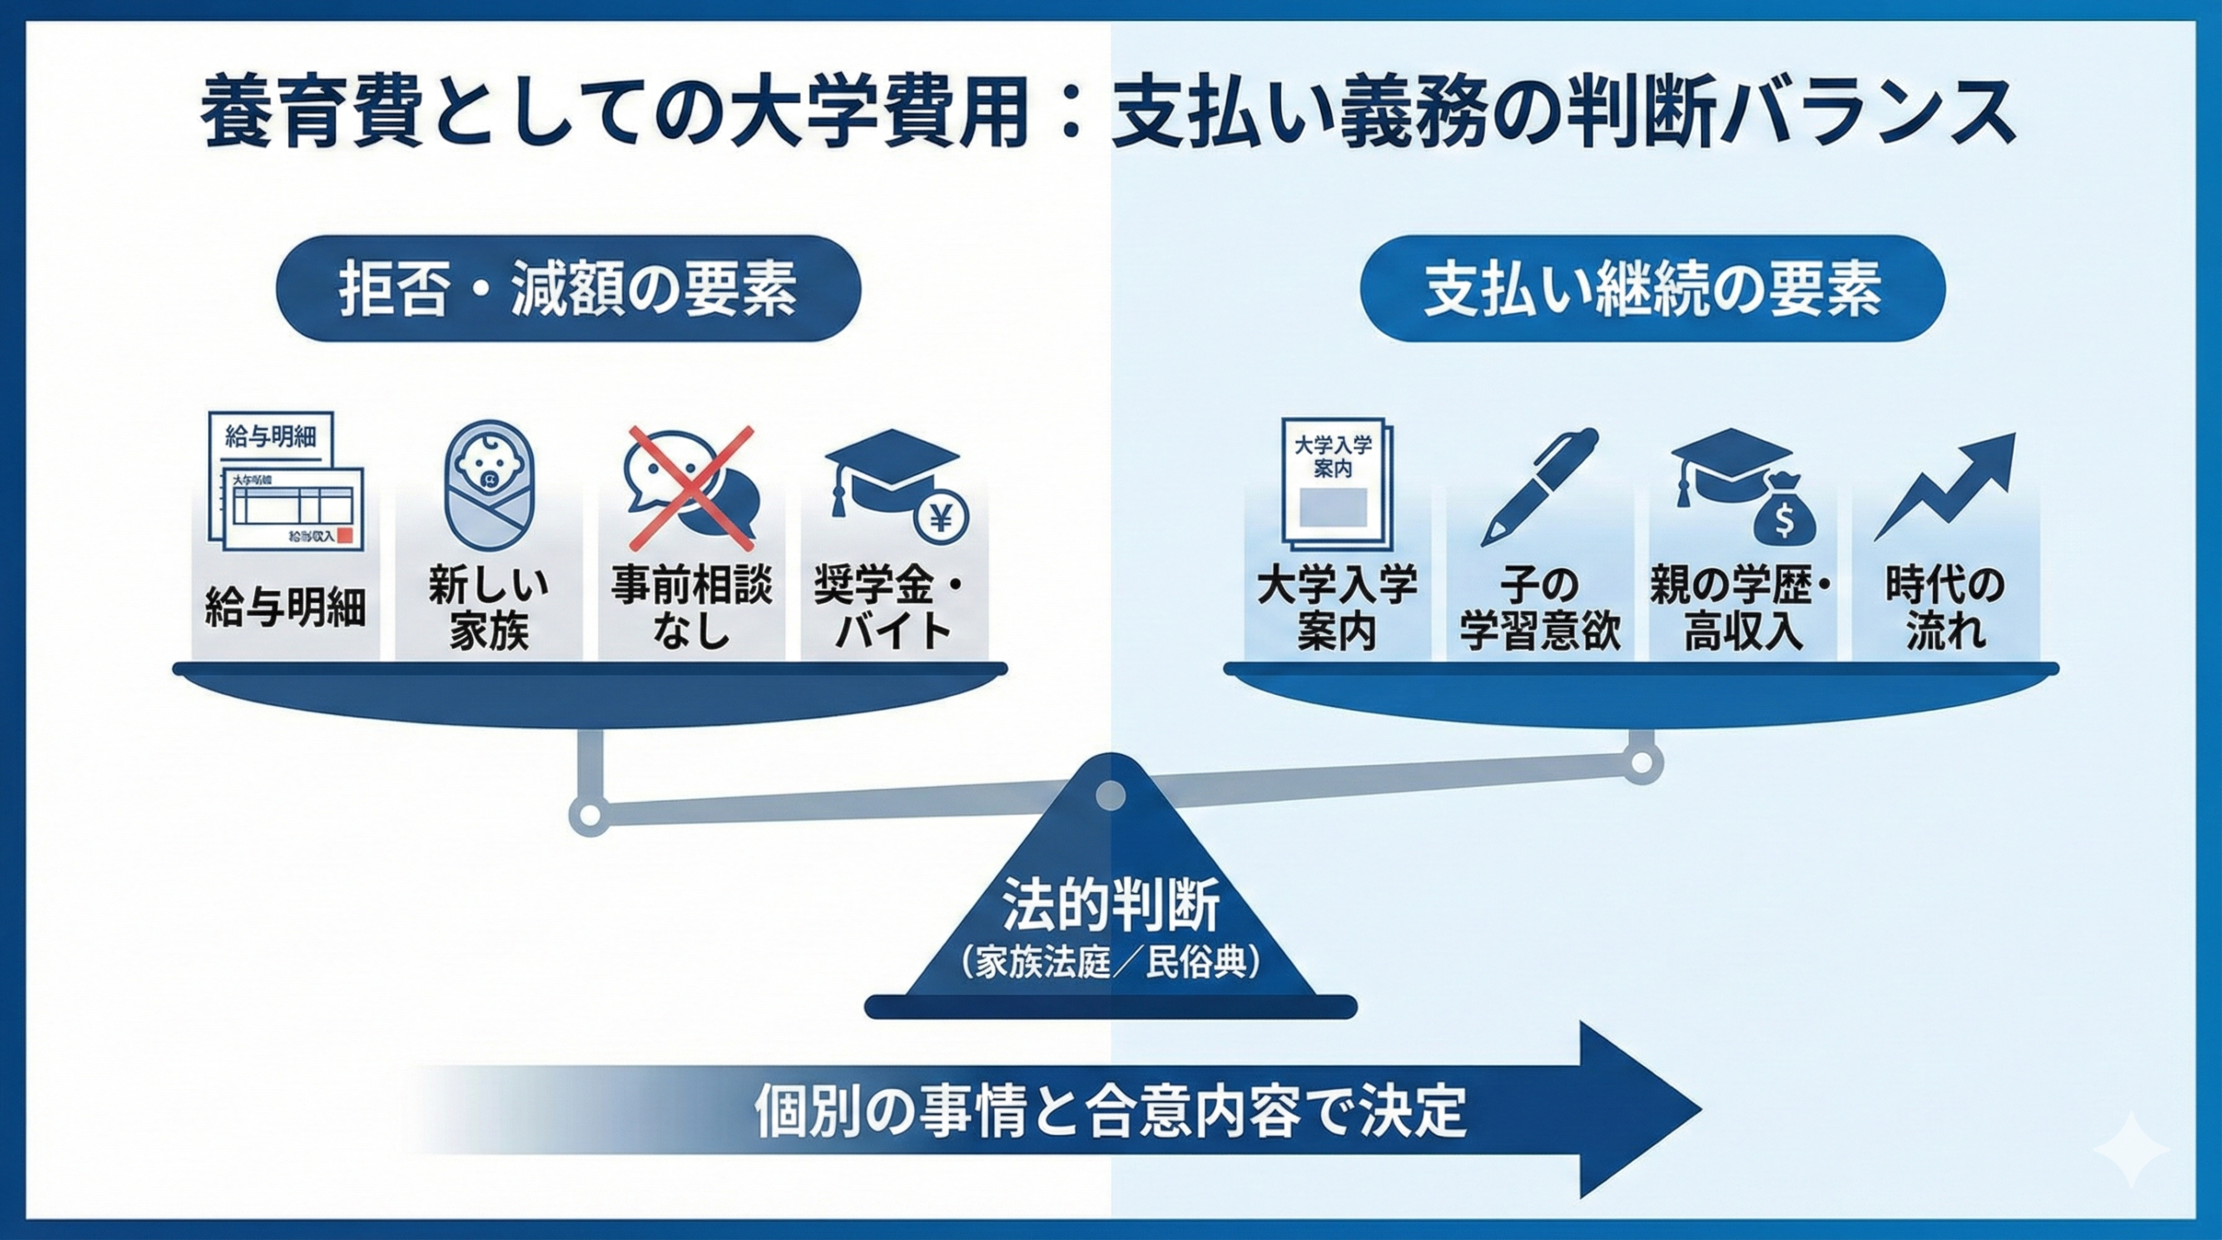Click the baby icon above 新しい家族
click(489, 489)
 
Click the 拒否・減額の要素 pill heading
click(568, 289)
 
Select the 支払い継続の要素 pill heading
click(1652, 289)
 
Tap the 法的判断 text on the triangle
click(1110, 906)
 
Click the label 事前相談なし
click(692, 607)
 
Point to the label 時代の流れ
click(1946, 607)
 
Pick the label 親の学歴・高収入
click(1742, 607)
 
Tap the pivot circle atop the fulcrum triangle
click(1110, 794)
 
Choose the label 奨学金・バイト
click(893, 607)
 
